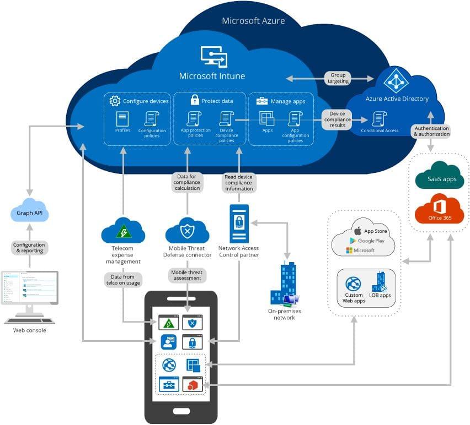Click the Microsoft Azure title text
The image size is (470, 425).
(253, 21)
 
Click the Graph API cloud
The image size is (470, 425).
(30, 211)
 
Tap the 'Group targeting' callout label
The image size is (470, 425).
(338, 78)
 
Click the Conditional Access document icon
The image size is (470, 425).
(379, 118)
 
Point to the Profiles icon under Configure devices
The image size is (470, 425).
(122, 118)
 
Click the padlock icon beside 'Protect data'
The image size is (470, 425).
(194, 100)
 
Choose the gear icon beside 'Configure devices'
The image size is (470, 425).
(115, 101)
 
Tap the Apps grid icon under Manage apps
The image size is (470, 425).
(267, 118)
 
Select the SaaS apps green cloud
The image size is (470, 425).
(439, 176)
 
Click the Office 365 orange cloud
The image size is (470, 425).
(439, 211)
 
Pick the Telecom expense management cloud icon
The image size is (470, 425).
(122, 231)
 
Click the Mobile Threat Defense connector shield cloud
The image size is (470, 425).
(187, 231)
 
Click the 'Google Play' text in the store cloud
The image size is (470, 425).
(371, 241)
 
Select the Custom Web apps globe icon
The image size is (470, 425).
(353, 284)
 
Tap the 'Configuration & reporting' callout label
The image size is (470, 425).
(29, 248)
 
